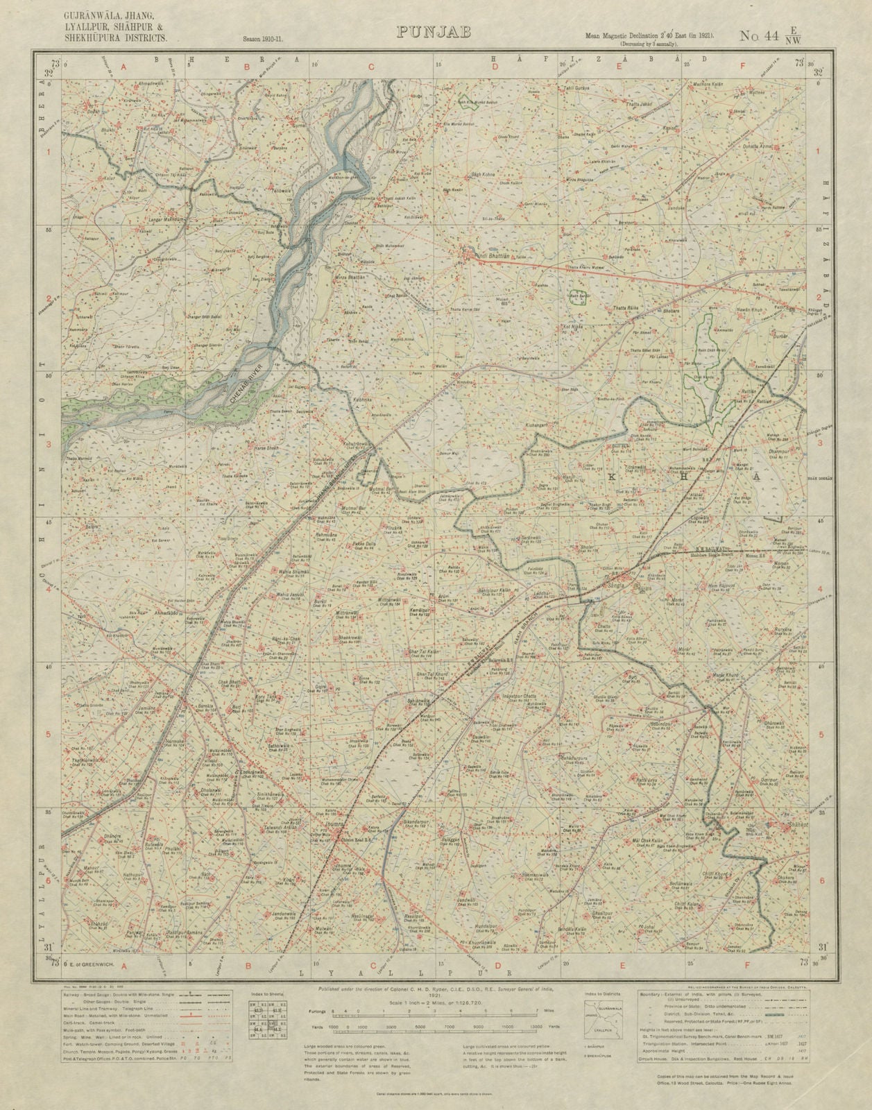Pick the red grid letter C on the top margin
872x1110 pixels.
(371, 67)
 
